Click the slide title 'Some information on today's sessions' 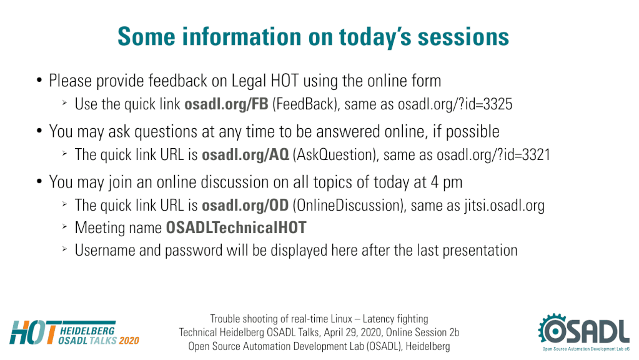pos(313,37)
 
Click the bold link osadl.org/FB pos(226,104)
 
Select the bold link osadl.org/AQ pos(245,155)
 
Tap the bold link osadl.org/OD pos(245,206)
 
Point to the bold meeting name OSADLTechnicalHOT pos(236,227)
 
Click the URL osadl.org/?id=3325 pos(455,104)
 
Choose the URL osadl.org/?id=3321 pos(493,155)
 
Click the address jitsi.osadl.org pos(504,206)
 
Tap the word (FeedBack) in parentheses pos(305,104)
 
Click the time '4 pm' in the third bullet pos(446,182)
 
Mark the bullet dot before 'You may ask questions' pos(39,131)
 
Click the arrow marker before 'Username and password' pos(64,248)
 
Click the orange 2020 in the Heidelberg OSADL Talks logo pos(129,341)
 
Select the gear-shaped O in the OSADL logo pos(554,330)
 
